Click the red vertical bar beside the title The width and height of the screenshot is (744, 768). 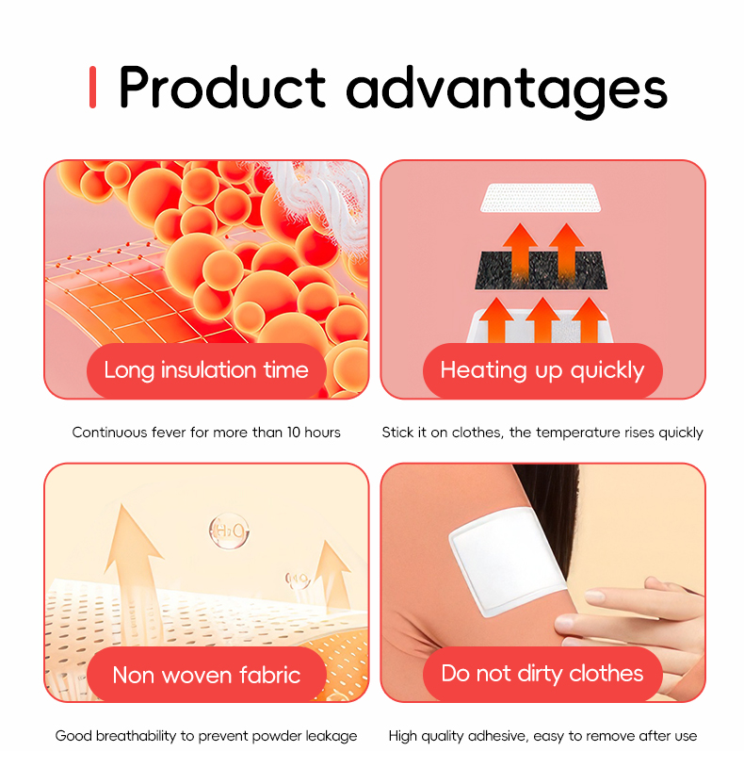92,87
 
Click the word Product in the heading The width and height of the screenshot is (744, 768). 222,88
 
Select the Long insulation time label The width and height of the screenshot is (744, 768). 206,370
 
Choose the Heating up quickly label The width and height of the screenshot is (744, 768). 542,370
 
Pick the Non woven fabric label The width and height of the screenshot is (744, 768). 206,675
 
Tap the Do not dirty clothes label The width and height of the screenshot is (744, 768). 542,674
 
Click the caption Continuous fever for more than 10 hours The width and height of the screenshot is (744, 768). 206,433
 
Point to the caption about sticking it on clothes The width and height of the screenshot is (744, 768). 542,433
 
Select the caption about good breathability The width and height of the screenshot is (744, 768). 206,736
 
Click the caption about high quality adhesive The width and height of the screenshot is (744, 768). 542,736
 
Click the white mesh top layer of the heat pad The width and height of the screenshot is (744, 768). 542,197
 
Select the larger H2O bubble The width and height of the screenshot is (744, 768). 229,531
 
